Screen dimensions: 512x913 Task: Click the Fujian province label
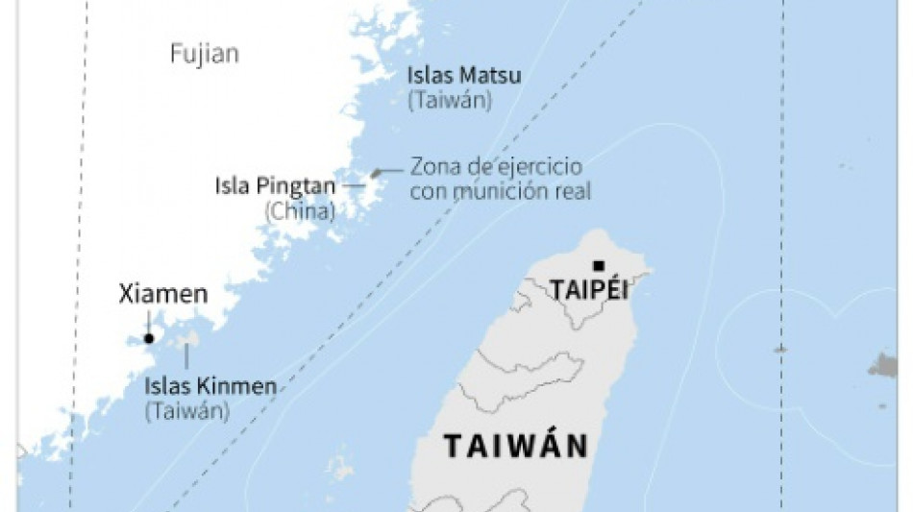tap(204, 54)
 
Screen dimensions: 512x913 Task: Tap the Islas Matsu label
tap(463, 75)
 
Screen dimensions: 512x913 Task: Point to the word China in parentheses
tap(300, 209)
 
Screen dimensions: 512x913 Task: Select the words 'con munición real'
tap(500, 191)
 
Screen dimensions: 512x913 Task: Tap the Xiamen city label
tap(162, 294)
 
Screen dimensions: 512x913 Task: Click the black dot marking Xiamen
tap(148, 338)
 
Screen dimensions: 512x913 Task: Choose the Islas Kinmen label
tap(210, 387)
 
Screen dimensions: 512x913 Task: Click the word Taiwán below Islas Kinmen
tap(187, 410)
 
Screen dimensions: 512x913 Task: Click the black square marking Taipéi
tap(599, 266)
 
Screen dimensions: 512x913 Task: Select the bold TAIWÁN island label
tap(515, 447)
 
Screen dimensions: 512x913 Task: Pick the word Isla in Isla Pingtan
tap(233, 186)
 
